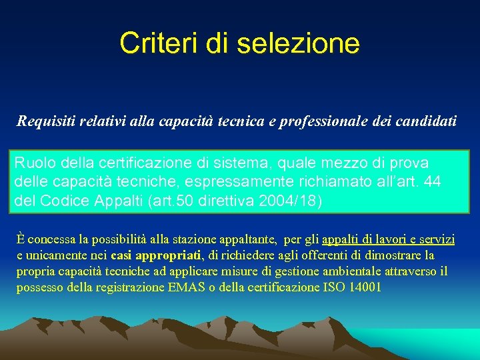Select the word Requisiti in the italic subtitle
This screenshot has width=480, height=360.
[45, 121]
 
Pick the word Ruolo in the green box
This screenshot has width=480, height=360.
[31, 163]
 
